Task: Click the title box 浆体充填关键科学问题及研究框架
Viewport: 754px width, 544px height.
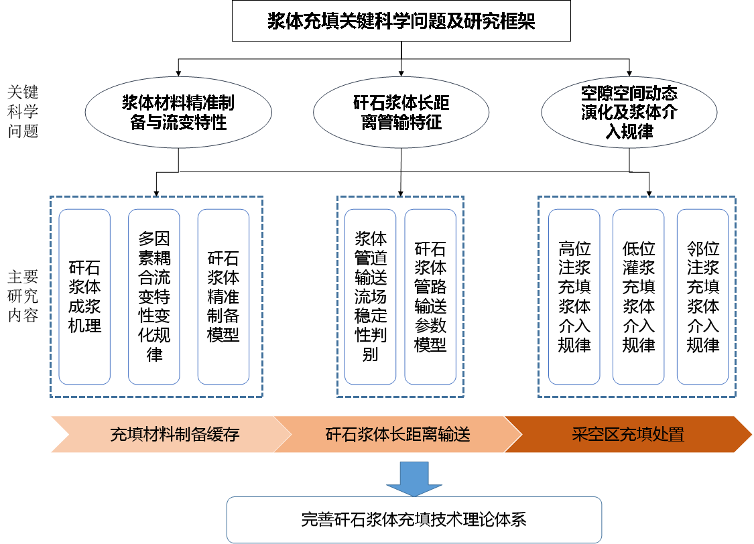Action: click(401, 21)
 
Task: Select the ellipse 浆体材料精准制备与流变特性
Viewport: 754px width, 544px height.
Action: click(178, 112)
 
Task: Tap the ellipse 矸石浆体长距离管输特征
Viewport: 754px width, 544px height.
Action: click(401, 112)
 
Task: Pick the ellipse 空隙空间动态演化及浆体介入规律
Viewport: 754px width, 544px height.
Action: click(629, 112)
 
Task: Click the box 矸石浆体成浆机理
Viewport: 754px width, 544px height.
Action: click(84, 297)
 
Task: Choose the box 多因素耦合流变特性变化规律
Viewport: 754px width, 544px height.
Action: click(154, 297)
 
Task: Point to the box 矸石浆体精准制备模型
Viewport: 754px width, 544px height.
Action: click(224, 297)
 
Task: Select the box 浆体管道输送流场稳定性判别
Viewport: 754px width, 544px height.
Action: click(370, 297)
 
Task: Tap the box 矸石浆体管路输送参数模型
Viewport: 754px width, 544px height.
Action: click(430, 297)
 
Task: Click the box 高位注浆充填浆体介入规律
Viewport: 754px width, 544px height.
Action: click(574, 297)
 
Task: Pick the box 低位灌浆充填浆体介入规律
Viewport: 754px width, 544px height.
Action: click(639, 297)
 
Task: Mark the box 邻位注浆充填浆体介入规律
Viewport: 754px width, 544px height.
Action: click(703, 297)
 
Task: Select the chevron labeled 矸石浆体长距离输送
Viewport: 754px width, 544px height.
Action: click(398, 434)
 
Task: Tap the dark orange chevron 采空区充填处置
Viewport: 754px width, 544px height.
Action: click(628, 434)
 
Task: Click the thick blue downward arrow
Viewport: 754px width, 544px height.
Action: click(414, 478)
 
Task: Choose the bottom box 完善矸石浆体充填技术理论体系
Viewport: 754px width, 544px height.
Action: click(414, 519)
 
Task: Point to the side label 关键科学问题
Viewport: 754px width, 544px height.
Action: click(23, 111)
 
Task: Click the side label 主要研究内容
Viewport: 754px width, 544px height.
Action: click(23, 296)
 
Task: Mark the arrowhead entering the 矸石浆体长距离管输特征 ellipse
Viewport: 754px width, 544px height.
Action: click(401, 74)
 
